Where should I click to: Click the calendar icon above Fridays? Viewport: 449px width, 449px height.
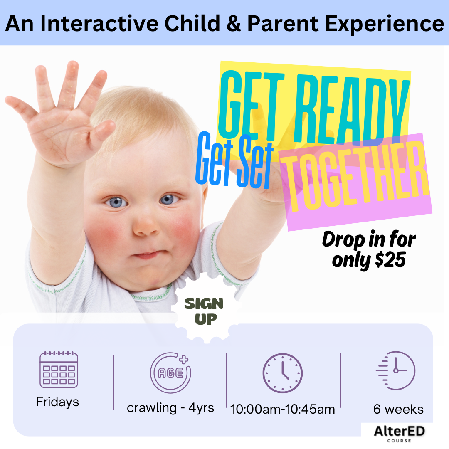[x=59, y=370]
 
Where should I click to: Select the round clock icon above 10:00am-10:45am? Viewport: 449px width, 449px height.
[x=282, y=373]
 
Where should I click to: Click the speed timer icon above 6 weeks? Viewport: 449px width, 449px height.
[x=395, y=370]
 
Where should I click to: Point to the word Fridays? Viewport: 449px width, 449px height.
[x=57, y=402]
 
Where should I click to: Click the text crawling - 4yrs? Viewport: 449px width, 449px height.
[x=170, y=408]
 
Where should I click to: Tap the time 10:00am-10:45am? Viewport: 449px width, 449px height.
[x=282, y=409]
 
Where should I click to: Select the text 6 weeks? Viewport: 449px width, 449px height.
[x=398, y=409]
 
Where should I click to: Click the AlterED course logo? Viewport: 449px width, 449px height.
[x=399, y=433]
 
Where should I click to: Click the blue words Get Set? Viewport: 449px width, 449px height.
[x=234, y=160]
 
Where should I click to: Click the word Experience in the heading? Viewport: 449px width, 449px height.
[x=385, y=25]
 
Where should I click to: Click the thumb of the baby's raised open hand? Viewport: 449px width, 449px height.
[x=103, y=132]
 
